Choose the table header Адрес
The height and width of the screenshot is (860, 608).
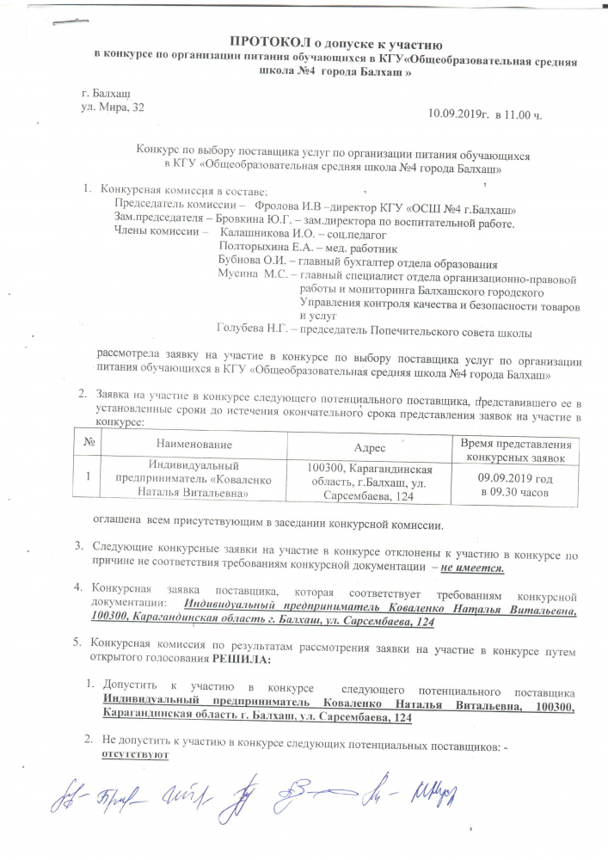click(371, 447)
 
